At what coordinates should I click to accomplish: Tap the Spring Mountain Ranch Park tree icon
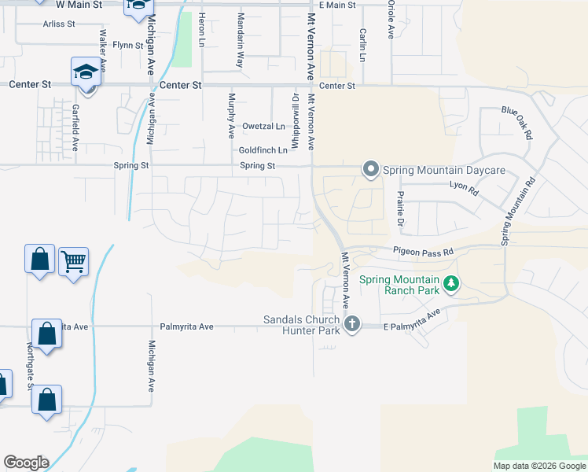(451, 283)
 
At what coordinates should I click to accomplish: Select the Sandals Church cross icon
(352, 323)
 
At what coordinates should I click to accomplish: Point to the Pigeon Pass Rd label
(424, 253)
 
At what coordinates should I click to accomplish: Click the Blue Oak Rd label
(517, 123)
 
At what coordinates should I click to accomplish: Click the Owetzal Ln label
(263, 126)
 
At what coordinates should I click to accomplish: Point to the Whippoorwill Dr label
(296, 119)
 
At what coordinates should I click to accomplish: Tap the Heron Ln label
(202, 28)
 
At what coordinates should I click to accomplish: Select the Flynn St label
(128, 45)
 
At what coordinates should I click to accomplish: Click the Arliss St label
(59, 24)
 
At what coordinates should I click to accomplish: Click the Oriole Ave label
(391, 20)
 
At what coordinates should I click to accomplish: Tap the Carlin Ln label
(362, 46)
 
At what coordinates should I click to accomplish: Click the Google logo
(26, 463)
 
